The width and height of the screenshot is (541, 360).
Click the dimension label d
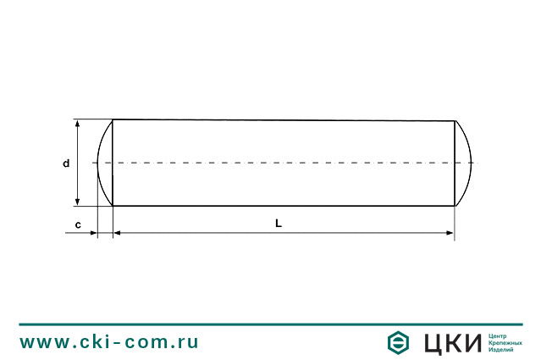[x=66, y=163]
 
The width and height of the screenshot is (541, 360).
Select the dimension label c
[x=78, y=224]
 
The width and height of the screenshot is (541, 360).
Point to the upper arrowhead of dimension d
[x=79, y=124]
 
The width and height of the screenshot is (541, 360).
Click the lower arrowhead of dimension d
[x=79, y=201]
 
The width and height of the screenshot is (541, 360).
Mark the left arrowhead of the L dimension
[x=118, y=232]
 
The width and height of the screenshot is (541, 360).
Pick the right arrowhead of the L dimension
[x=450, y=232]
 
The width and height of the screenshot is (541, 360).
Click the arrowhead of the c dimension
[x=92, y=232]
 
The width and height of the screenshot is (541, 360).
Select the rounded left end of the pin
[x=104, y=163]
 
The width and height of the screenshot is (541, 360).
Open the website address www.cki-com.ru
[x=109, y=342]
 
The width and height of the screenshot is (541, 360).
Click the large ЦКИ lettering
[x=452, y=342]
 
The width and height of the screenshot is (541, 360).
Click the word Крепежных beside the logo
[x=505, y=342]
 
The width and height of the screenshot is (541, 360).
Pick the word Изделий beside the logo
[x=502, y=349]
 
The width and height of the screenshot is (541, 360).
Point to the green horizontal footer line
[x=270, y=324]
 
